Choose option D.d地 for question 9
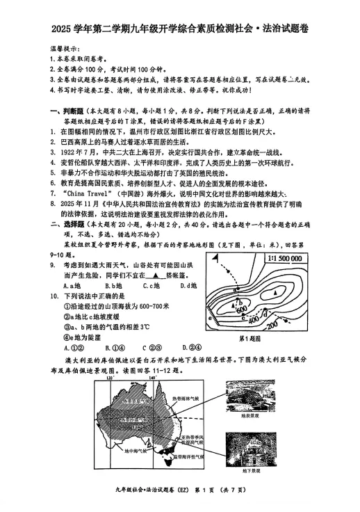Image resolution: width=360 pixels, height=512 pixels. pos(188,286)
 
